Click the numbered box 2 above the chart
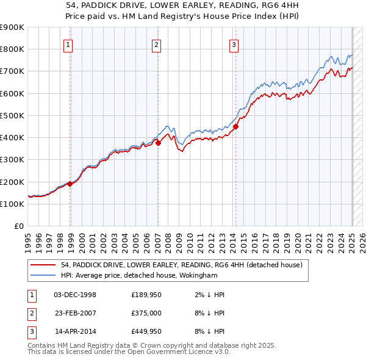[156, 45]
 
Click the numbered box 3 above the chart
[234, 45]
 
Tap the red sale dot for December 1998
[70, 183]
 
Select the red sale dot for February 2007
[158, 143]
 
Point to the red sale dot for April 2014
[235, 127]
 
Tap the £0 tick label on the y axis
[18, 226]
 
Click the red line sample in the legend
[43, 265]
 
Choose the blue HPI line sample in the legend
[43, 276]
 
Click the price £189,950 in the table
[145, 295]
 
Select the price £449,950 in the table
[145, 333]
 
